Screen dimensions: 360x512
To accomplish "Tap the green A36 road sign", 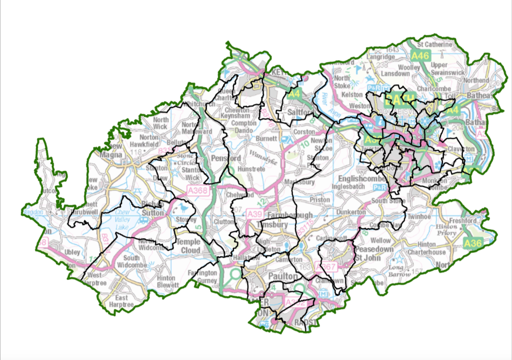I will click(x=473, y=243).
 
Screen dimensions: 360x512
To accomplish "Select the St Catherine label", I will click(x=435, y=44).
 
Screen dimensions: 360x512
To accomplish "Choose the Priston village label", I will click(x=319, y=199).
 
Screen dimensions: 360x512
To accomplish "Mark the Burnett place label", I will click(x=266, y=138).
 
